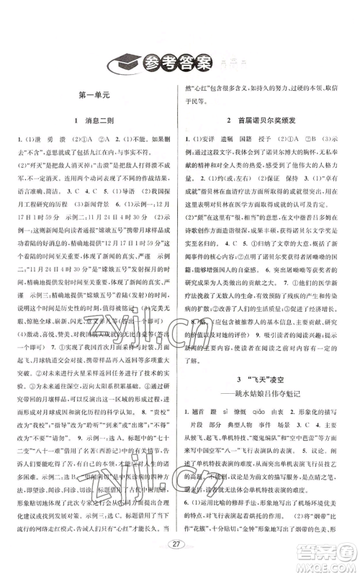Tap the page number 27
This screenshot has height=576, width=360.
[179, 554]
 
